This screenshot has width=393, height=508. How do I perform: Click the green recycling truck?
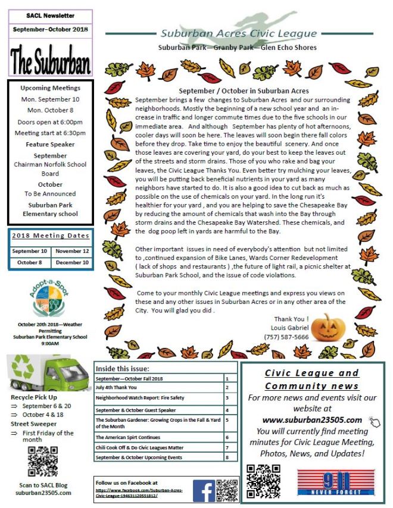tap(48, 372)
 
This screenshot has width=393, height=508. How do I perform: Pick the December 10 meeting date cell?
tap(73, 262)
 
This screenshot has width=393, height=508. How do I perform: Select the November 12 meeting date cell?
tap(73, 251)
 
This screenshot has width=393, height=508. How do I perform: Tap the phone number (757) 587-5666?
tap(287, 337)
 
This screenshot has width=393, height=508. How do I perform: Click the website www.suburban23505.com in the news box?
tap(312, 420)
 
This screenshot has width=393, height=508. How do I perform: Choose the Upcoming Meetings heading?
tap(50, 88)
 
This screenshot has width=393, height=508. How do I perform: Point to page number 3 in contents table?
tap(227, 397)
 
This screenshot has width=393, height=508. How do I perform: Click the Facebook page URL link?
tap(139, 493)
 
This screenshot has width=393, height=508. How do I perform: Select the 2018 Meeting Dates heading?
tap(51, 236)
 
